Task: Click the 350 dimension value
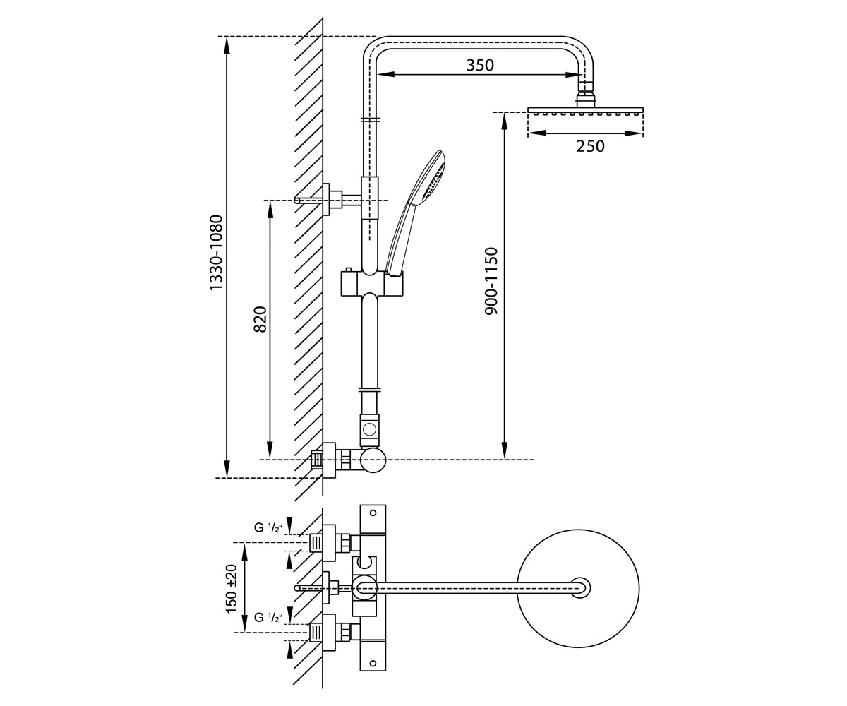click(x=480, y=65)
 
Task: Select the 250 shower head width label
click(x=590, y=146)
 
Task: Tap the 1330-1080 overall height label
click(x=216, y=252)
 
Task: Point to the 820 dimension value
click(x=260, y=320)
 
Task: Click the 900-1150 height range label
click(x=491, y=281)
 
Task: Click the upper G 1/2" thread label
click(x=268, y=527)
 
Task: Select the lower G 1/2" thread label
click(x=268, y=618)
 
